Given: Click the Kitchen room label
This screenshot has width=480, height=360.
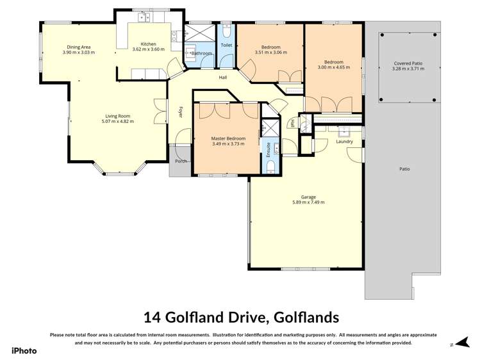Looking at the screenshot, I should [x=148, y=43].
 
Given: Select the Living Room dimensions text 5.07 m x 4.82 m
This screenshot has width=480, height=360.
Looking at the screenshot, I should [x=118, y=122].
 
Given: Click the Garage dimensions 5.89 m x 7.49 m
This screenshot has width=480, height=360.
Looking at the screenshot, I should [x=308, y=202].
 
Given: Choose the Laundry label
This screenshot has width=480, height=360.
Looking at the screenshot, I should [x=344, y=142].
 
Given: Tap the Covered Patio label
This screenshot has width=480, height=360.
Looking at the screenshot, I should [x=408, y=64].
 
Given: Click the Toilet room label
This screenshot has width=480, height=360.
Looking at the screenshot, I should [x=226, y=46].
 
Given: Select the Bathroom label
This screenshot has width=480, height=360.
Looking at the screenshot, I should [x=201, y=53].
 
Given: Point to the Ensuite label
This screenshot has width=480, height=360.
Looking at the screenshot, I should [x=268, y=150].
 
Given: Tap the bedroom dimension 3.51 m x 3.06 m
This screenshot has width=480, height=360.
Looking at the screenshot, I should [x=268, y=52].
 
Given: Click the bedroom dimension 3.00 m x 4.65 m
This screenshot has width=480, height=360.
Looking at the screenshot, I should [x=332, y=67].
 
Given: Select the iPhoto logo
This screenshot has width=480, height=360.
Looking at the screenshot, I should [x=24, y=350].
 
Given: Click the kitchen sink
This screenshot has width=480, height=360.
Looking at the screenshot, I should [x=144, y=18].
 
